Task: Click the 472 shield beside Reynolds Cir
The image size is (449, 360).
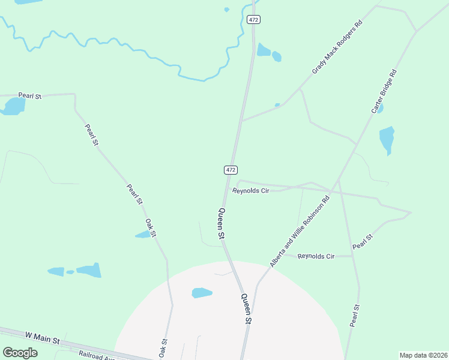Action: (x=231, y=170)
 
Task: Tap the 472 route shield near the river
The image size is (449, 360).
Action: (x=253, y=20)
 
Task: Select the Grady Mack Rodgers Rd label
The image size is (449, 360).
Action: (x=337, y=48)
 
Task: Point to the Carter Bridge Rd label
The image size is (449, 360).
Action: (x=384, y=91)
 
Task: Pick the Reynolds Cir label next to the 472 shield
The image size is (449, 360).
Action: (x=250, y=191)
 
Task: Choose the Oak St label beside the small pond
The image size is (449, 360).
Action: (x=151, y=227)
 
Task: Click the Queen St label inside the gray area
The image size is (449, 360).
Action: (x=246, y=308)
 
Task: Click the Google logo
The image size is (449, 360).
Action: (x=20, y=353)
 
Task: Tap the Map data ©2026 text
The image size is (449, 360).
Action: (x=423, y=355)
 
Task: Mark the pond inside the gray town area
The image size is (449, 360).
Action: (x=202, y=293)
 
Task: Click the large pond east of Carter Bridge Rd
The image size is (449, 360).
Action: (x=387, y=140)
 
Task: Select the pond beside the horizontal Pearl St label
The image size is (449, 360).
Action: (x=13, y=106)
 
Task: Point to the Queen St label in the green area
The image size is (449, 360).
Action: (x=221, y=223)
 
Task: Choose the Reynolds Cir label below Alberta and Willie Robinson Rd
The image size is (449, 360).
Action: (x=316, y=256)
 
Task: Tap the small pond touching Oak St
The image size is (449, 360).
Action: (x=143, y=235)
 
